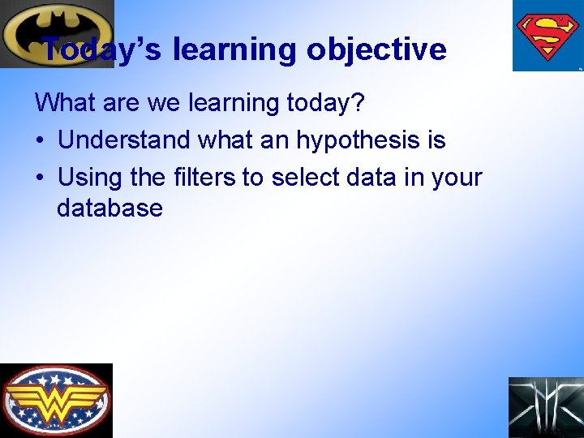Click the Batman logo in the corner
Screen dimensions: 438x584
click(x=57, y=32)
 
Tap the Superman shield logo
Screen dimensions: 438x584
click(x=547, y=36)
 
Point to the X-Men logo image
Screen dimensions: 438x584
click(x=546, y=407)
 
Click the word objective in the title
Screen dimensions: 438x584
click(x=376, y=49)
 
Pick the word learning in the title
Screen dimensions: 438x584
click(x=234, y=49)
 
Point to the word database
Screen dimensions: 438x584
click(x=109, y=208)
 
